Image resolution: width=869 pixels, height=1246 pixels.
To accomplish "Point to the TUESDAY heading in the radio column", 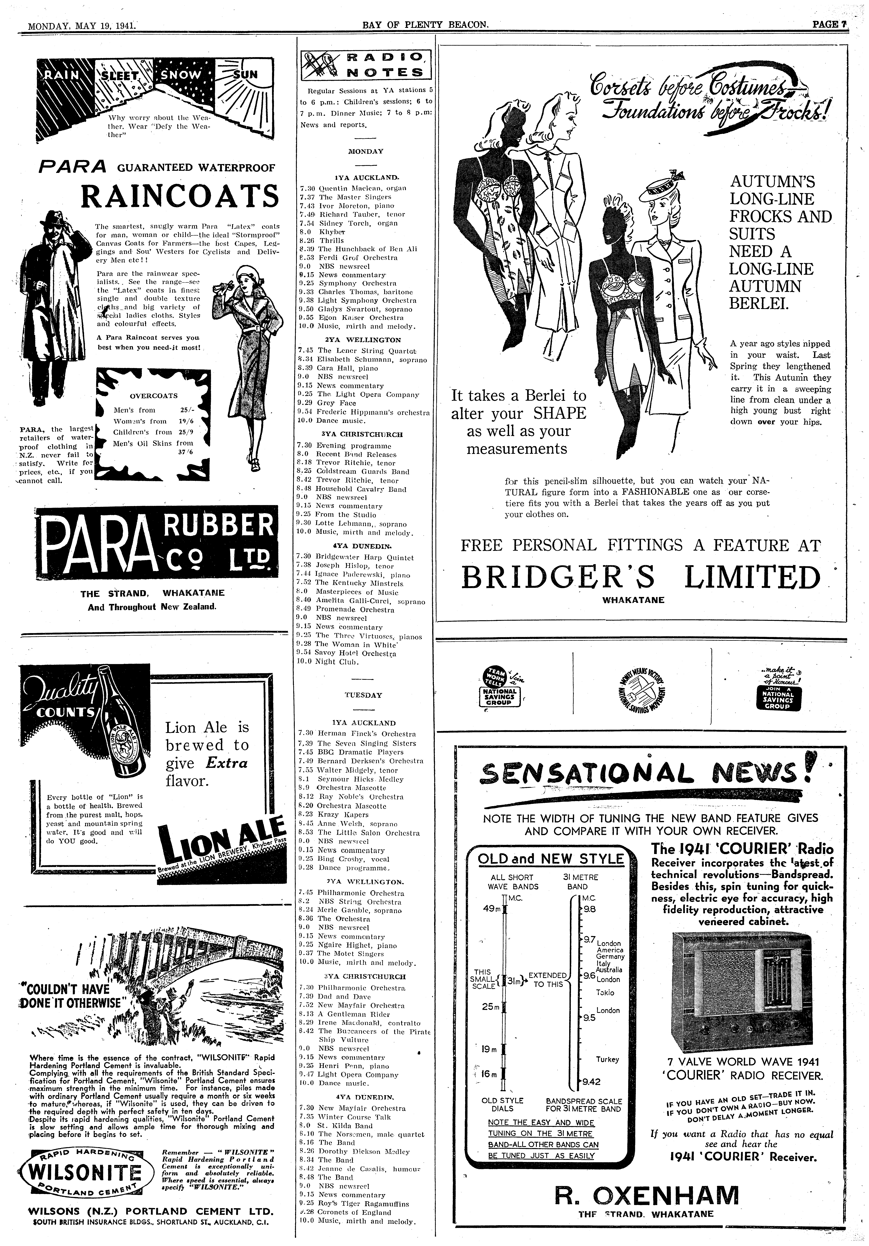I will [363, 695].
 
